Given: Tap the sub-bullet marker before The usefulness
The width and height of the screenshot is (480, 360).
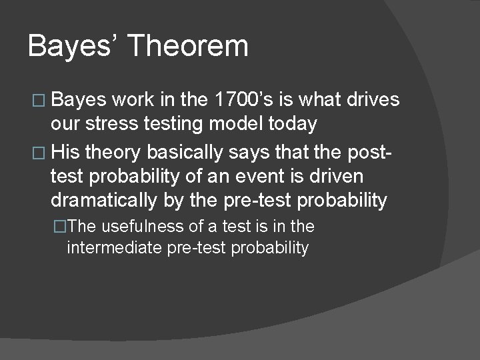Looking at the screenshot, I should point(61,227).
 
